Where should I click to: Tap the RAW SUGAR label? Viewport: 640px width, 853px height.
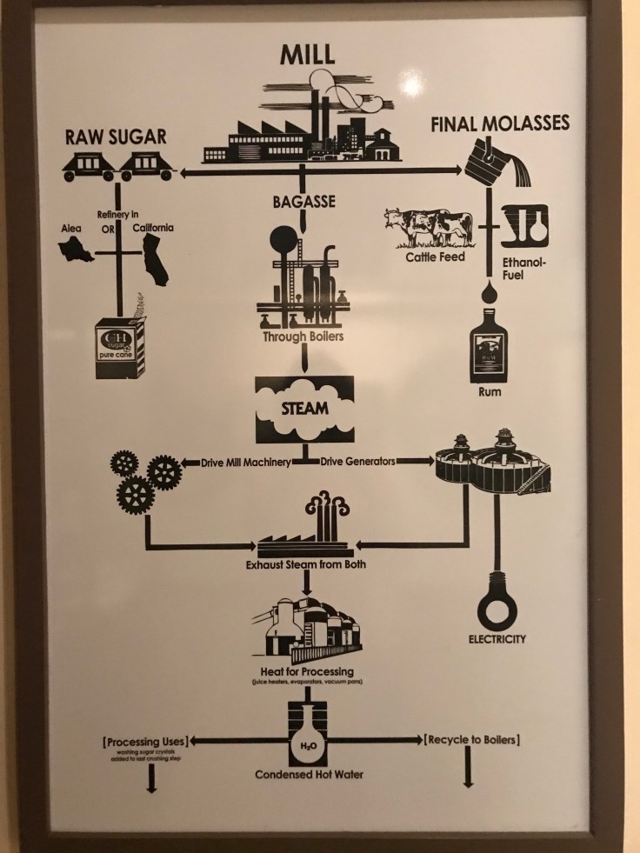pyautogui.click(x=116, y=137)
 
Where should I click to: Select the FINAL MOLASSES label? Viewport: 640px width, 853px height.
pyautogui.click(x=500, y=123)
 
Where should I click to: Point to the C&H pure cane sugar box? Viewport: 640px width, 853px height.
pyautogui.click(x=120, y=347)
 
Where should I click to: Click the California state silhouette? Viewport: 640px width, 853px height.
pyautogui.click(x=154, y=258)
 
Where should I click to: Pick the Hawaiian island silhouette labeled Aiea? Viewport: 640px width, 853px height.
pyautogui.click(x=76, y=250)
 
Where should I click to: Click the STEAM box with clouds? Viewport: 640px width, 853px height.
pyautogui.click(x=304, y=409)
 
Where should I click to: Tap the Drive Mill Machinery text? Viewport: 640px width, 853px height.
pyautogui.click(x=245, y=462)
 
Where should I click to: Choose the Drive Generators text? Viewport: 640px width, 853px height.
pyautogui.click(x=358, y=462)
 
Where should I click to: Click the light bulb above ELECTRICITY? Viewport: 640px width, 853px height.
pyautogui.click(x=497, y=607)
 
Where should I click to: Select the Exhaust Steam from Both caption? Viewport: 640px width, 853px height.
pyautogui.click(x=305, y=564)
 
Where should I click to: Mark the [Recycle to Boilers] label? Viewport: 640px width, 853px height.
pyautogui.click(x=472, y=740)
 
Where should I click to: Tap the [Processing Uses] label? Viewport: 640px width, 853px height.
pyautogui.click(x=145, y=741)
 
